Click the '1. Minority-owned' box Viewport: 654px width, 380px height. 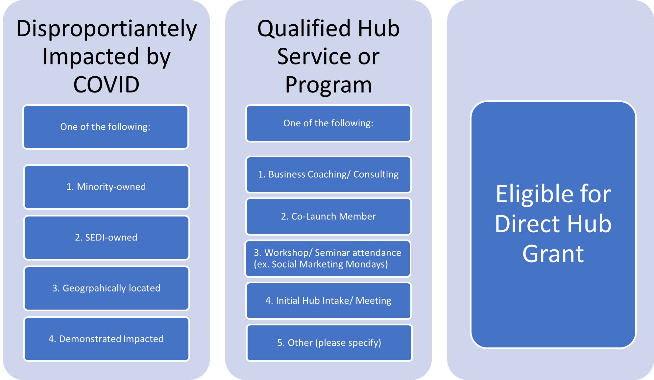pos(106,187)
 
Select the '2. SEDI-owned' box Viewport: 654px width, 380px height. pos(106,238)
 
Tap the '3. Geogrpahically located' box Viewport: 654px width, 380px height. pos(106,288)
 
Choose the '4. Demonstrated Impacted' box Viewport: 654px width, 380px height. pos(106,339)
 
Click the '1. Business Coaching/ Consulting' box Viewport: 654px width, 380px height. pos(328,174)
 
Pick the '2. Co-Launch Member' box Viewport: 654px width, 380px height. pos(328,216)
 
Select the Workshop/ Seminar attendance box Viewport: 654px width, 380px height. pos(327,259)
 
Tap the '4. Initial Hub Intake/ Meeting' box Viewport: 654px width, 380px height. pos(328,301)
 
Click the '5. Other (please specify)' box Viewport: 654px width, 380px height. pos(329,343)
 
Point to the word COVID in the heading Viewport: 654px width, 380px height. pos(106,85)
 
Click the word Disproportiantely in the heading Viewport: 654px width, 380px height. pos(107,29)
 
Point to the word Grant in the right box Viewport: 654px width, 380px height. pos(553,254)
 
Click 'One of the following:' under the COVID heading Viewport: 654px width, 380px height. pos(105,127)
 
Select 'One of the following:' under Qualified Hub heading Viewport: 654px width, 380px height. pos(328,123)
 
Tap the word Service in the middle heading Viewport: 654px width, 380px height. pos(314,57)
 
